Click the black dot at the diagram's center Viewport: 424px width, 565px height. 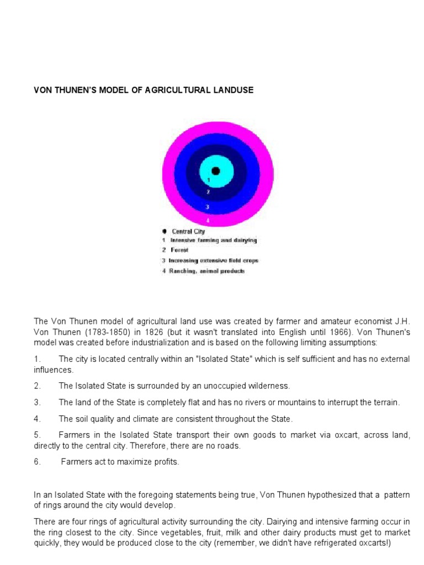[215, 171]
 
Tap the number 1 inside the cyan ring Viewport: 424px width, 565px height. [209, 180]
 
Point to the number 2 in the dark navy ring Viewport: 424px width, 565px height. [208, 192]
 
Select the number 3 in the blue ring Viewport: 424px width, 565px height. [207, 207]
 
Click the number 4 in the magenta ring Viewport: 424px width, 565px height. [208, 220]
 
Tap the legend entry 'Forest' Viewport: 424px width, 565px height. [179, 250]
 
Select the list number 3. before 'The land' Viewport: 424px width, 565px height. [38, 402]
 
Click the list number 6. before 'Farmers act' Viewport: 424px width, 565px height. [38, 462]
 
